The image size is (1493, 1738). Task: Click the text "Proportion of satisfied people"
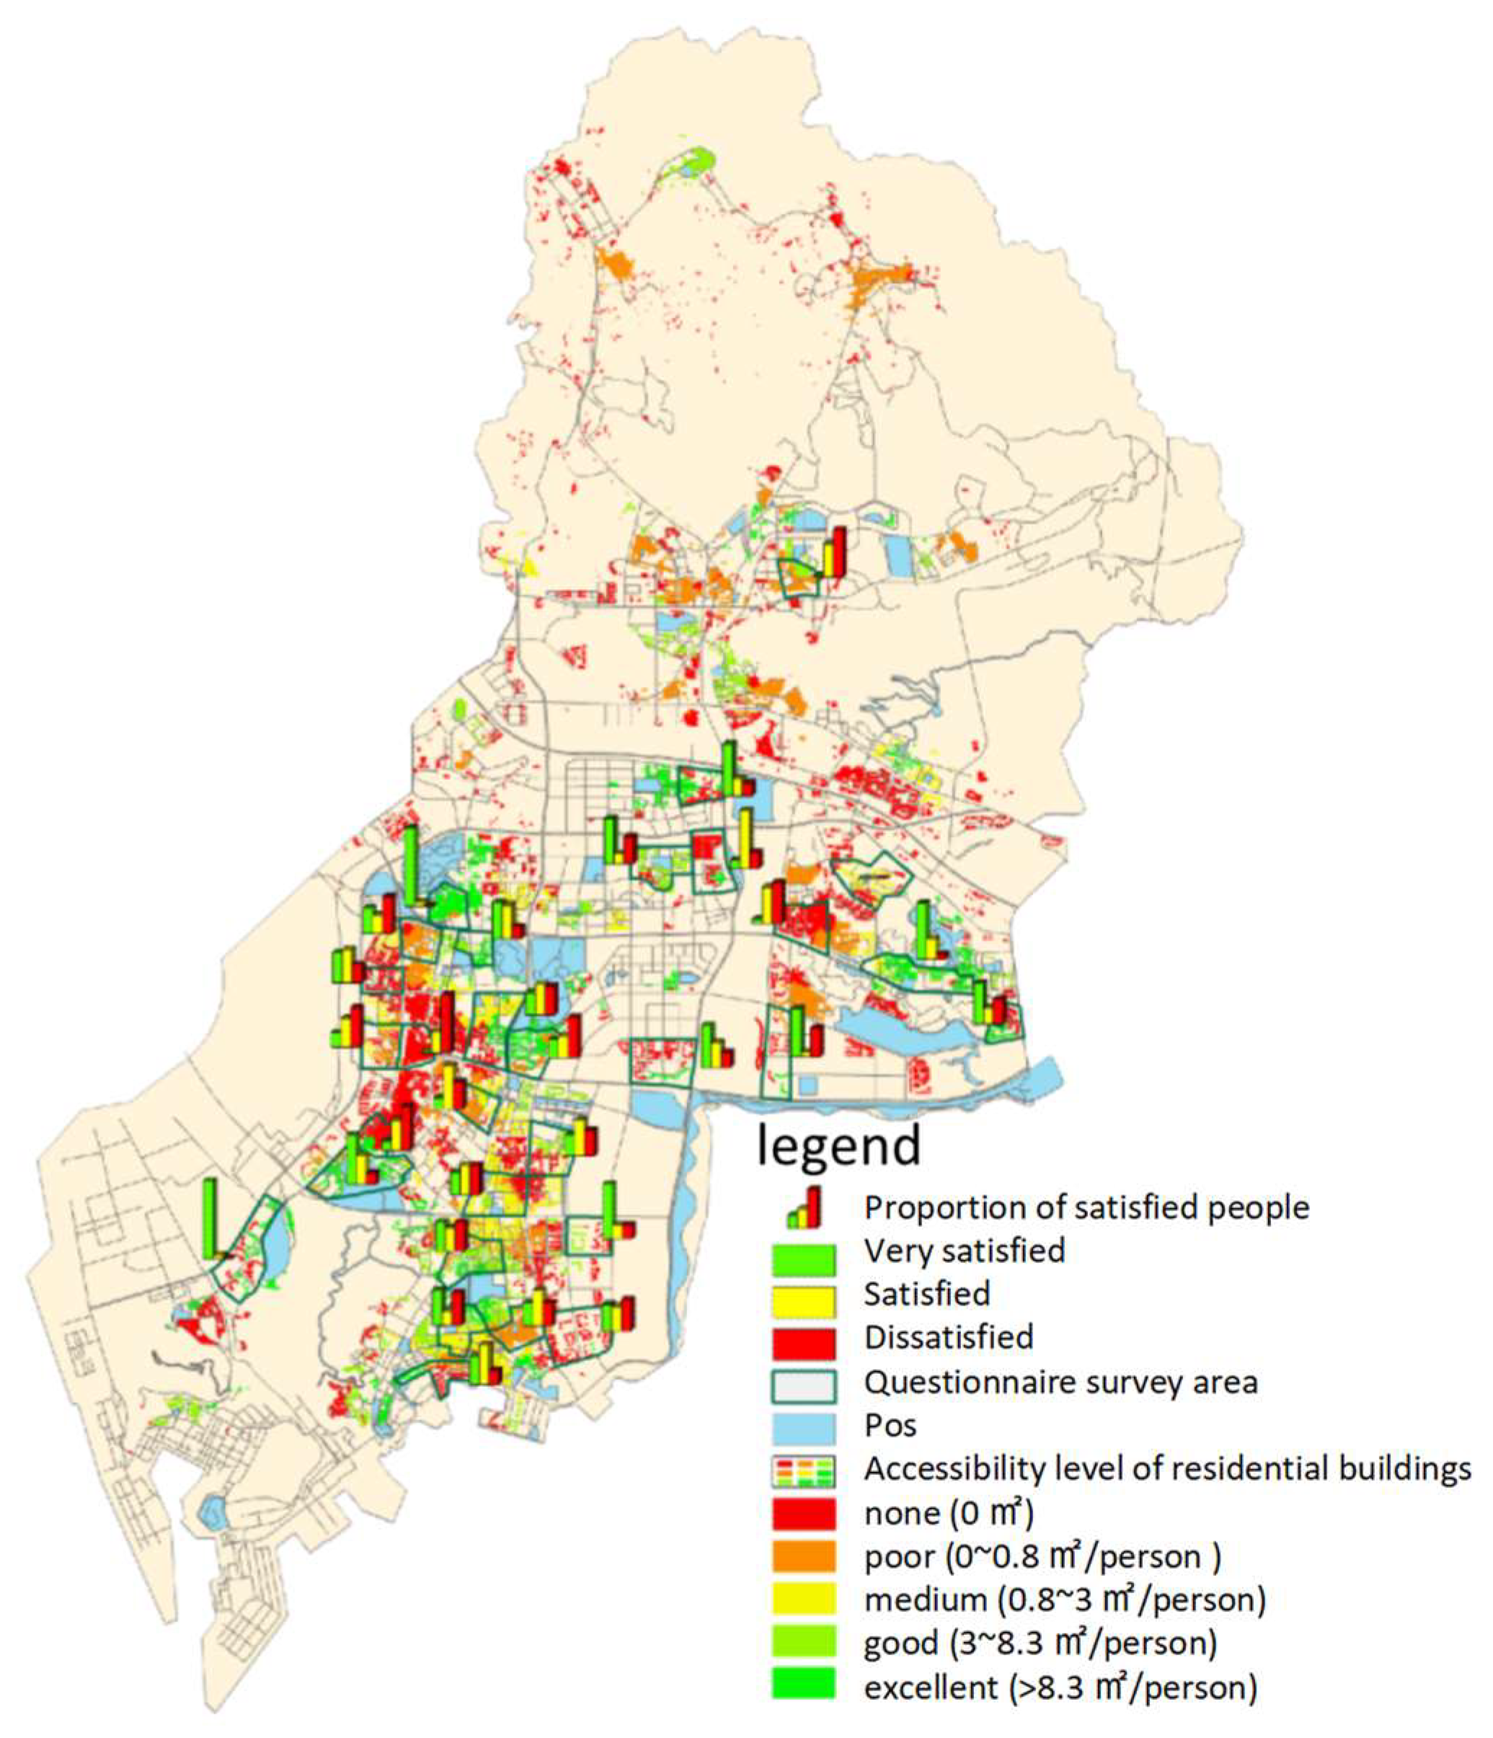1086,1208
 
